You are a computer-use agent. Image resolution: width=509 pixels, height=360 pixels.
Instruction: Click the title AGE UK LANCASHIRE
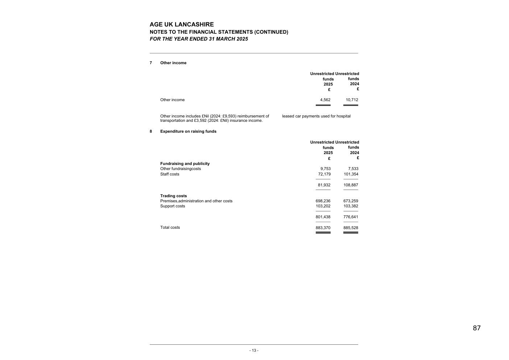[182, 25]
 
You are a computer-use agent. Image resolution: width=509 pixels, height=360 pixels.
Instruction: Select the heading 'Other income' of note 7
[173, 63]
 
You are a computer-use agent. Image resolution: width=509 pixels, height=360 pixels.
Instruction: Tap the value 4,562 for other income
[325, 100]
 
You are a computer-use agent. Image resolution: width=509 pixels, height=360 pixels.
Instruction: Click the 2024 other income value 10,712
[352, 100]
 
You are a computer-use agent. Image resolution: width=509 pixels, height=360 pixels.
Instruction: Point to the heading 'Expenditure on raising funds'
[188, 132]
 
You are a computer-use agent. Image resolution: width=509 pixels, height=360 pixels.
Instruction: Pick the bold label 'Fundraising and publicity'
[185, 164]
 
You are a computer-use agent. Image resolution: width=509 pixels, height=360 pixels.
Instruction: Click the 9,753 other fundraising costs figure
[325, 169]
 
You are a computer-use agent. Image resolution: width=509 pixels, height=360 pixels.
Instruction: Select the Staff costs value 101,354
[351, 174]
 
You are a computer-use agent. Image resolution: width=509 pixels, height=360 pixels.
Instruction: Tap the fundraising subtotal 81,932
[324, 185]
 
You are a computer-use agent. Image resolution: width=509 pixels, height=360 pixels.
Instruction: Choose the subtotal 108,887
[351, 185]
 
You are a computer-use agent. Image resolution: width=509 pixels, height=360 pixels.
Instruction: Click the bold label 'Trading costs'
[173, 196]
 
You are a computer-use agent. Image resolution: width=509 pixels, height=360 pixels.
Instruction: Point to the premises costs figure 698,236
[323, 201]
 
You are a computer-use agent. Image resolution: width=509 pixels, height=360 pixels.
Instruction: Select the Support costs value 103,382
[351, 206]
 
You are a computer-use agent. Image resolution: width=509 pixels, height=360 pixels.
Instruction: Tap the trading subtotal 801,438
[323, 217]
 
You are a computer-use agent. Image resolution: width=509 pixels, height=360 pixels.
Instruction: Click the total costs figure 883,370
[323, 228]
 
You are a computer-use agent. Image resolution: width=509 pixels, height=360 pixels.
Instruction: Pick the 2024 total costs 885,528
[351, 228]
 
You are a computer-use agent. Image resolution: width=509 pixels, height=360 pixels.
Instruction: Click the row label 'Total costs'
[170, 228]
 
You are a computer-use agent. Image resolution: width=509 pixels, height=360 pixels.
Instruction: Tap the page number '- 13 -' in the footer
[254, 351]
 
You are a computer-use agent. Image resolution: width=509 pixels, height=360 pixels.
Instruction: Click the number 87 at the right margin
[477, 328]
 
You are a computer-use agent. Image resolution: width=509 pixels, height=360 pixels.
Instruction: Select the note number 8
[151, 132]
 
